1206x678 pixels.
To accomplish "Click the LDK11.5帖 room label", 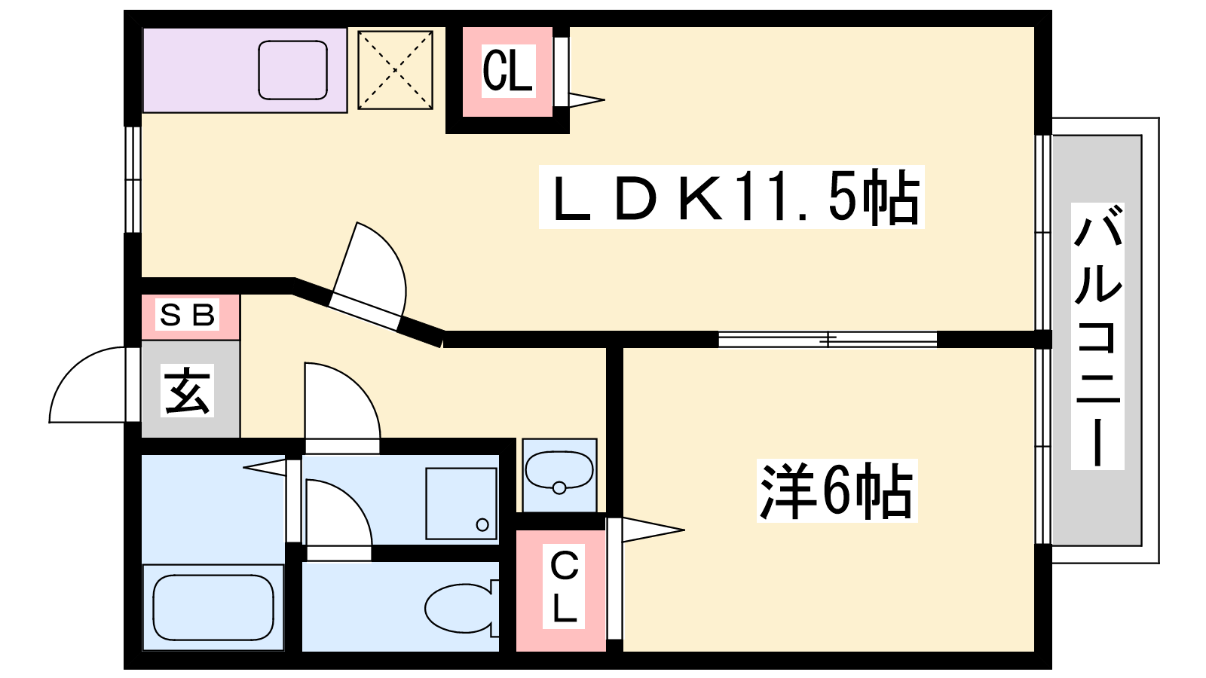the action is (731, 197).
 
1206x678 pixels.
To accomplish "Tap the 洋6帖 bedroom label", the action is (837, 490).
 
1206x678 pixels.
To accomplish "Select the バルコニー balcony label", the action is (1097, 336).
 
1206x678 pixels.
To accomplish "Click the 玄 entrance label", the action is (187, 391).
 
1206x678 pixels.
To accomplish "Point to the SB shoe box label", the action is (188, 315).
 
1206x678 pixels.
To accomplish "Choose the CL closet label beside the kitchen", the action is (508, 71).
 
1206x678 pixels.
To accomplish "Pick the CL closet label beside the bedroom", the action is (563, 587).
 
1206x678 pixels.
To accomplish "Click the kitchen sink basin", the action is (293, 71).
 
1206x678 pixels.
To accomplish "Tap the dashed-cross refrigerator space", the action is (395, 70).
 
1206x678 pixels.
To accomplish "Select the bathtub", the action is (213, 607).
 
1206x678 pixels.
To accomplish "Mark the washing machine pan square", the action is (461, 504).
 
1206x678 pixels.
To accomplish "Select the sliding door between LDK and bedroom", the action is (828, 340).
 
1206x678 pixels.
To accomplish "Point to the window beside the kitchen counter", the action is (133, 180).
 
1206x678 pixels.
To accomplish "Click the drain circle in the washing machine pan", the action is (482, 524).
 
